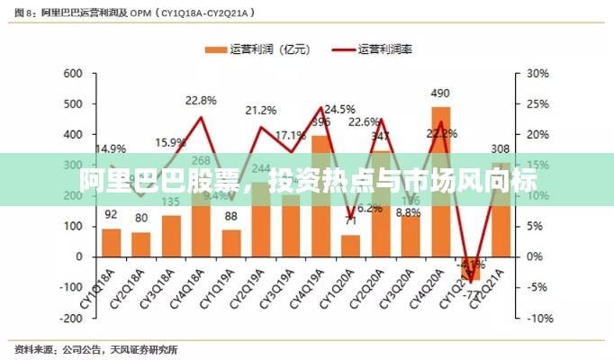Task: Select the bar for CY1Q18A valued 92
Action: point(112,242)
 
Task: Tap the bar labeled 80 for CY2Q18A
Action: point(141,244)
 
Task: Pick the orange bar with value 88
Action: point(231,243)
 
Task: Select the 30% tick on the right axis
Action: point(537,74)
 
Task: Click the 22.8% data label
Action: point(201,100)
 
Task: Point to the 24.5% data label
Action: point(339,109)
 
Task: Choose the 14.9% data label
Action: point(111,148)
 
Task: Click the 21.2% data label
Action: point(261,110)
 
